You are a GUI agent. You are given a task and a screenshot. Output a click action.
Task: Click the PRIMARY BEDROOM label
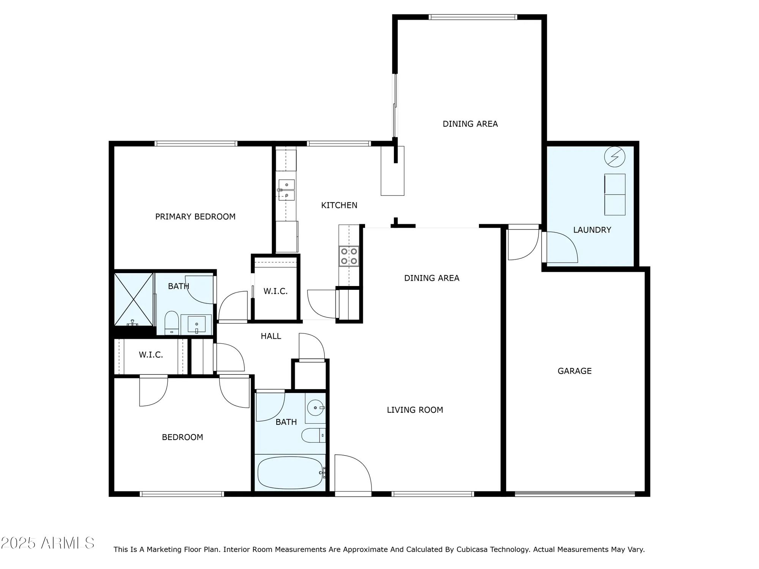tap(195, 217)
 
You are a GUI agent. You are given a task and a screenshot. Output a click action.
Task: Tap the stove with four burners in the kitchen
tap(349, 256)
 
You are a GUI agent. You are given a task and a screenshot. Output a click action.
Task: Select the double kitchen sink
tap(287, 190)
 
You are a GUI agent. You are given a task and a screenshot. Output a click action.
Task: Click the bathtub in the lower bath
tap(290, 473)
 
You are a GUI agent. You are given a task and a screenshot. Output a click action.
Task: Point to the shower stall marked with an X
tap(134, 299)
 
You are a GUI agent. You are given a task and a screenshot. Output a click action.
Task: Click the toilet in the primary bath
tap(172, 322)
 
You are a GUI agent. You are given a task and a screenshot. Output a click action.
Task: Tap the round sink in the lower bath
tap(315, 408)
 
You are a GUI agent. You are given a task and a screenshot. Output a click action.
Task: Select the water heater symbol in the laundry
tap(614, 157)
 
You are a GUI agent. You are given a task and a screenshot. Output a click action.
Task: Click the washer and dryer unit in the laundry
tap(614, 195)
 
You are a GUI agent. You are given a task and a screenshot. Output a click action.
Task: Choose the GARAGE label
tap(574, 371)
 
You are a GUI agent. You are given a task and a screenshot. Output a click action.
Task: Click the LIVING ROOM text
tap(415, 410)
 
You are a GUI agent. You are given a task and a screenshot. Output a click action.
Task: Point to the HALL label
tap(271, 336)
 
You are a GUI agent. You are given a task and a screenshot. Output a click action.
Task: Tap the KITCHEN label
tap(339, 205)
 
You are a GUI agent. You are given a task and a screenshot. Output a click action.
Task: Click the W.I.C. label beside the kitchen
tap(276, 291)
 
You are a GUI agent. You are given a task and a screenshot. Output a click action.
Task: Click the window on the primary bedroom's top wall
tap(196, 143)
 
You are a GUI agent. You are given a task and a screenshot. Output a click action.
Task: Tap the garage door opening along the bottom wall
tap(575, 494)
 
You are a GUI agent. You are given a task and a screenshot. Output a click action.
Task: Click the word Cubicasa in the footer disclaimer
tap(472, 549)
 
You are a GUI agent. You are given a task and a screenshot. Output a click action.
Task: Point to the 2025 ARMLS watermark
tap(47, 543)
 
